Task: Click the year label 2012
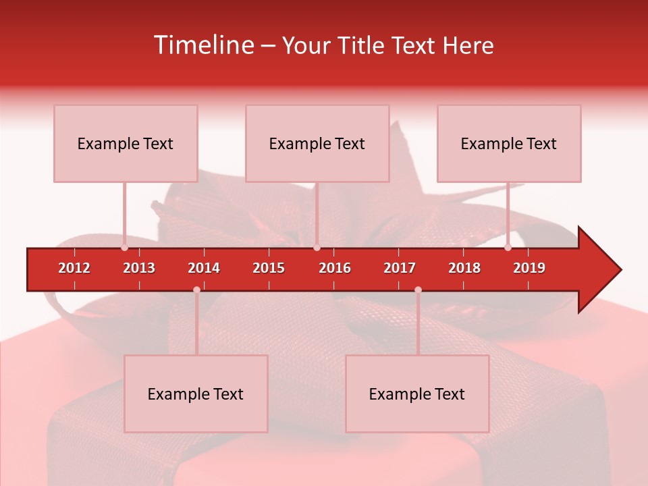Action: [x=74, y=268]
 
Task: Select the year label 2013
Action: [x=139, y=268]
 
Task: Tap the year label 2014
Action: [x=204, y=268]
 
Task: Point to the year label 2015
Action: [x=269, y=268]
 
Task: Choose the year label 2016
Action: [x=335, y=268]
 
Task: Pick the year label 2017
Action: [x=400, y=268]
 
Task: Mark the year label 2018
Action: [x=464, y=268]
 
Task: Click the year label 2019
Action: [x=529, y=268]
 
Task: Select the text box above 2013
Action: [x=126, y=143]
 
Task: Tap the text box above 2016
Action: [x=317, y=143]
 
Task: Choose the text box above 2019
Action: [x=509, y=143]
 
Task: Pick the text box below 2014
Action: [x=196, y=394]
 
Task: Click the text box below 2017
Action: [x=417, y=394]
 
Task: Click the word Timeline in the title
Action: [x=203, y=45]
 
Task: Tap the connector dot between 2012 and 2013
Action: [x=124, y=248]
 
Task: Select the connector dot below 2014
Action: [x=196, y=290]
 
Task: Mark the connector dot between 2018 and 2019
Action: [x=508, y=248]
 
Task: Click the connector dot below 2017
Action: [x=418, y=290]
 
